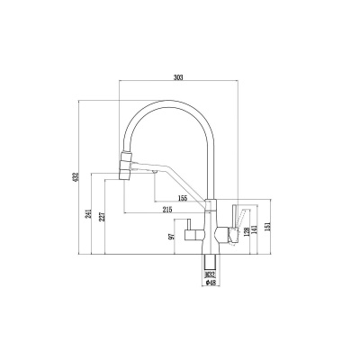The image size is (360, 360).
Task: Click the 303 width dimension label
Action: [x=178, y=77]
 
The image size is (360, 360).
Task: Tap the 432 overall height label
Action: [x=76, y=176]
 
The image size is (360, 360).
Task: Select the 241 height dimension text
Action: [x=89, y=214]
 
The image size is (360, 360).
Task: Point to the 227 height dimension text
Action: [x=103, y=217]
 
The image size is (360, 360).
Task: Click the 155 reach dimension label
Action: [x=183, y=198]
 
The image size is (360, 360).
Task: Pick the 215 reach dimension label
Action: [x=167, y=210]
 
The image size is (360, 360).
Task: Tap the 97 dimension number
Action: [x=172, y=237]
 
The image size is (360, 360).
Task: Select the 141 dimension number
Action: [x=255, y=230]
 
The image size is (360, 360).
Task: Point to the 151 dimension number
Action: [x=268, y=227]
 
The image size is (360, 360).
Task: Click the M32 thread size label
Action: [x=210, y=274]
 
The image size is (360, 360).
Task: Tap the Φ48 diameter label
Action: [x=210, y=282]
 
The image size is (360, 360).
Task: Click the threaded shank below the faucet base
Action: [x=210, y=263]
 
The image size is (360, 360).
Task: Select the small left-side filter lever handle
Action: [x=188, y=225]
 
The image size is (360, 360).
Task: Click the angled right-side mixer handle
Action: [x=242, y=217]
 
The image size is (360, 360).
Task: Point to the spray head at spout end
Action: [x=126, y=166]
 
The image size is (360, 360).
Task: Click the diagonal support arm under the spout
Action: [x=180, y=179]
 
